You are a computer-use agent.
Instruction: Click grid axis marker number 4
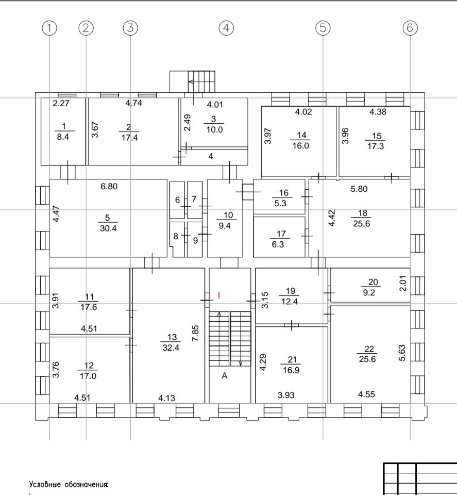(x=226, y=28)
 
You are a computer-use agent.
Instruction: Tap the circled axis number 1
(x=49, y=28)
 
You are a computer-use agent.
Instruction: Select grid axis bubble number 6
(x=410, y=28)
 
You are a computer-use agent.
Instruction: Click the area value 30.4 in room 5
(x=108, y=229)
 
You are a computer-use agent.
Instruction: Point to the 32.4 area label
(x=172, y=348)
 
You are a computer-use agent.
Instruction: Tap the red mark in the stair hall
(x=219, y=295)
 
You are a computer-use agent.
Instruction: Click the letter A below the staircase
(x=224, y=376)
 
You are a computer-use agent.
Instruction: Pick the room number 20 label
(x=373, y=282)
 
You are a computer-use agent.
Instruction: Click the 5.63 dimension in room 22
(x=402, y=353)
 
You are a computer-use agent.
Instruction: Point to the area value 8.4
(x=64, y=136)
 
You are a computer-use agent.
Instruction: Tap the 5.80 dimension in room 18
(x=359, y=189)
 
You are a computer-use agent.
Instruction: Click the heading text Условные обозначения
(x=69, y=484)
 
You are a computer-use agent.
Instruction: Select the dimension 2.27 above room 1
(x=61, y=103)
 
